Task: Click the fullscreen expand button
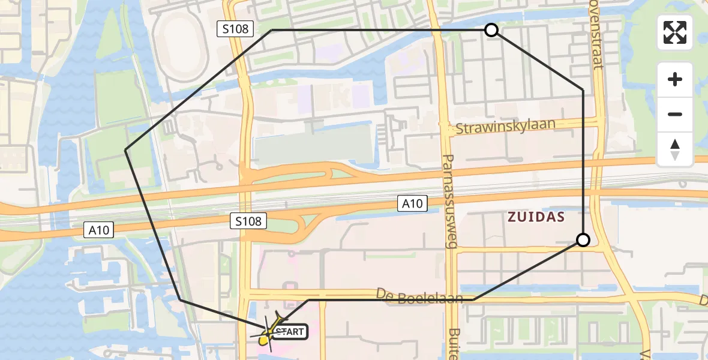675,32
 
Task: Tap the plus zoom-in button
675,79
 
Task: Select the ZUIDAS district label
536,217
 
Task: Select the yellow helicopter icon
269,335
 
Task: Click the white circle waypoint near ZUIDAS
583,241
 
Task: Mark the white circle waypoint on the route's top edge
491,30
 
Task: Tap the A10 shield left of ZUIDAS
412,204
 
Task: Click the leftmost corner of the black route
125,149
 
